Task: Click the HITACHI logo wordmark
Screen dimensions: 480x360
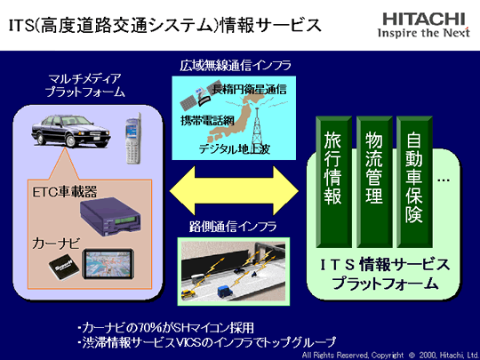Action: tap(424, 19)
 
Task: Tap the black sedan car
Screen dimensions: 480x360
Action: tap(71, 131)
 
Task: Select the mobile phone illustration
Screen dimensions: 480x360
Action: tap(133, 139)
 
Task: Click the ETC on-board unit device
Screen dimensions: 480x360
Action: tap(110, 217)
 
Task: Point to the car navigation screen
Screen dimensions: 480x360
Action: tap(108, 264)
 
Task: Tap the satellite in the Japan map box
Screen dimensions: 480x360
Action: tap(196, 98)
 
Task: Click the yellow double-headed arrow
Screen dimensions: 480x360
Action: tap(234, 191)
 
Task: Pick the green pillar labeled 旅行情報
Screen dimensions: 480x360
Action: tap(333, 181)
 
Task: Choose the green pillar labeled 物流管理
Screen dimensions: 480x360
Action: tap(374, 181)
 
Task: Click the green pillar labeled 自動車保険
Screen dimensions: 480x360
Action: tap(414, 181)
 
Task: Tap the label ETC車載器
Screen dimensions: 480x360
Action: tap(65, 191)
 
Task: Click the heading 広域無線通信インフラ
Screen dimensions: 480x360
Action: tap(236, 66)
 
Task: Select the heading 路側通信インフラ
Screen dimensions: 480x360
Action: tap(233, 227)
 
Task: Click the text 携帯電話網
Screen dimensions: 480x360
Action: tap(207, 120)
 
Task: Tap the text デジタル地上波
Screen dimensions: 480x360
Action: tap(235, 149)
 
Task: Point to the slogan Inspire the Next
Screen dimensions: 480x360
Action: tap(424, 33)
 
